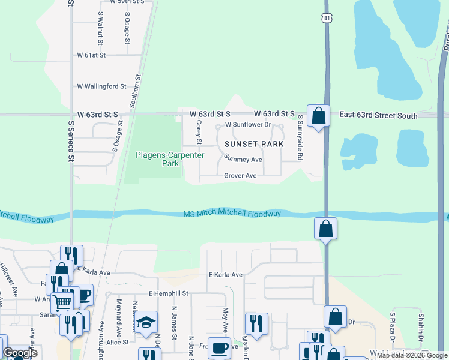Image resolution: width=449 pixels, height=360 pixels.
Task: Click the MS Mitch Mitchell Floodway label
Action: tap(232, 214)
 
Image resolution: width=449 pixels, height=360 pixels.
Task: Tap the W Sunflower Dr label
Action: tap(248, 125)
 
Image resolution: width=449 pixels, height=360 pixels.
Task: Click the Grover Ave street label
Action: tap(240, 176)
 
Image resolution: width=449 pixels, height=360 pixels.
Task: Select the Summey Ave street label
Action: tap(243, 159)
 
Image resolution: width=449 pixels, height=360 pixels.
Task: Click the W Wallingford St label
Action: tap(101, 86)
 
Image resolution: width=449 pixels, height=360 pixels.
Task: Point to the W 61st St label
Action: tap(91, 55)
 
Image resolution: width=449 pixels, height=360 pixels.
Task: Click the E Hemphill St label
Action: tap(169, 293)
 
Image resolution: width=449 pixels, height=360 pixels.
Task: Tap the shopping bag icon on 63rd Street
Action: tap(318, 115)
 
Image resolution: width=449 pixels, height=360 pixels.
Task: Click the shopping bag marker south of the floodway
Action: tap(325, 228)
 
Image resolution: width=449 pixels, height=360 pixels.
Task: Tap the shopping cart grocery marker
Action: tap(62, 301)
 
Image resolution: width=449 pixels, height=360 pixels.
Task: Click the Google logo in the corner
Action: tap(20, 353)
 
